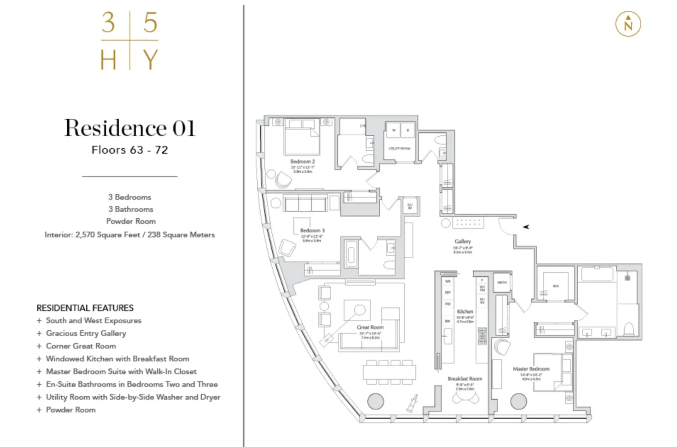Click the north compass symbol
(x=628, y=24)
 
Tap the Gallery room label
(x=463, y=241)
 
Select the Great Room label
(x=370, y=327)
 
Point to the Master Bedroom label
(x=531, y=369)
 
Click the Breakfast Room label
(x=465, y=379)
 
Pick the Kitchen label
(x=465, y=312)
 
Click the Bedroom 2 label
(x=303, y=161)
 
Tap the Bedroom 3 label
(x=312, y=230)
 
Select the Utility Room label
(x=399, y=149)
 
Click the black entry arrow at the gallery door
(x=526, y=227)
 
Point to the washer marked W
(x=394, y=131)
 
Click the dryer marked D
(x=408, y=131)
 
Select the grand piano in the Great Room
(x=412, y=403)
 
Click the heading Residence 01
(x=130, y=128)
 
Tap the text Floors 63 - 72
(x=130, y=150)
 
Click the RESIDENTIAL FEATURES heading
(x=85, y=308)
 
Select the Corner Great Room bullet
(x=81, y=346)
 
